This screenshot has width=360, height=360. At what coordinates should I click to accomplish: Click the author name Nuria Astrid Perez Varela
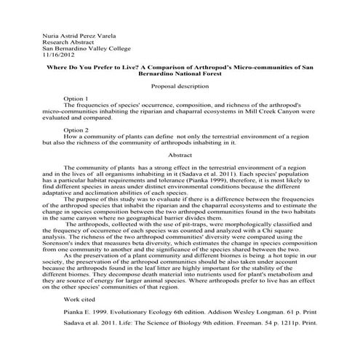click(x=69, y=35)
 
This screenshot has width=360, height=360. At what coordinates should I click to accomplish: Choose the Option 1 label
click(x=76, y=98)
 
